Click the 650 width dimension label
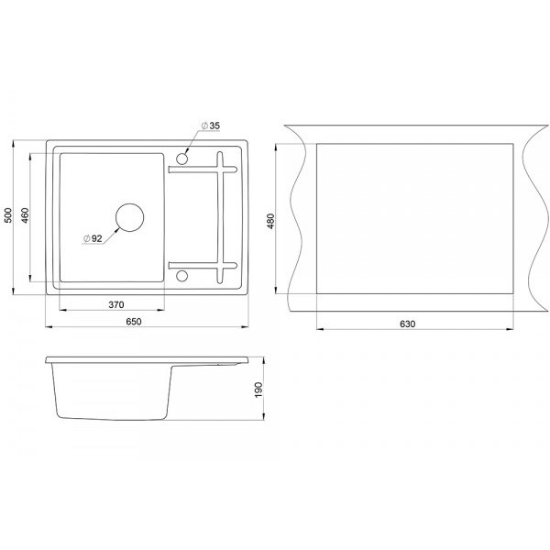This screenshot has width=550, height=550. tap(134, 322)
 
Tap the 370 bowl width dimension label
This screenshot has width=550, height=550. tap(116, 305)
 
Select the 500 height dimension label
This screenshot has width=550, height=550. tap(8, 215)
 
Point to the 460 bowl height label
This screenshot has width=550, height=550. tap(26, 215)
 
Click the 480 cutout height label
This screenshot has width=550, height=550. tap(270, 221)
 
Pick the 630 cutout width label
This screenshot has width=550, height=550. tap(407, 324)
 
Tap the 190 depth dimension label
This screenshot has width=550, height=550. tap(258, 390)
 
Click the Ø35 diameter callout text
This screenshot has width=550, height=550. tap(211, 126)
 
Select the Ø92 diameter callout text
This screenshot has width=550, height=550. tap(93, 238)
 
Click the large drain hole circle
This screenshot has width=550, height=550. tap(130, 203)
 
